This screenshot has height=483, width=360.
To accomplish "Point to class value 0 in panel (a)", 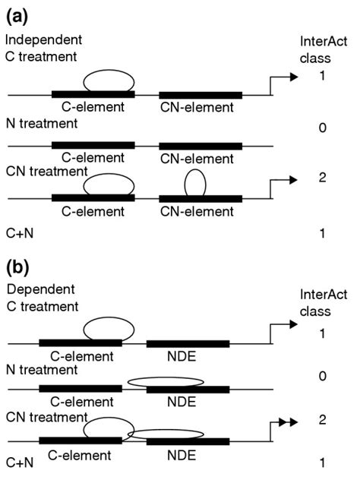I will point(323,130).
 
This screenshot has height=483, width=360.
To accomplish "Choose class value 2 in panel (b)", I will point(323,418).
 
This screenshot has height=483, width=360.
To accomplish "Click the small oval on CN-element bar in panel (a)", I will point(194,183).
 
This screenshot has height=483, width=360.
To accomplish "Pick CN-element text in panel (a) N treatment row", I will point(200,158).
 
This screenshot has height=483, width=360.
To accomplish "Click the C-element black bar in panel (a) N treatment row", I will point(93,144).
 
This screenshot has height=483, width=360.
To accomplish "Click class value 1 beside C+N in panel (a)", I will point(323,234).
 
